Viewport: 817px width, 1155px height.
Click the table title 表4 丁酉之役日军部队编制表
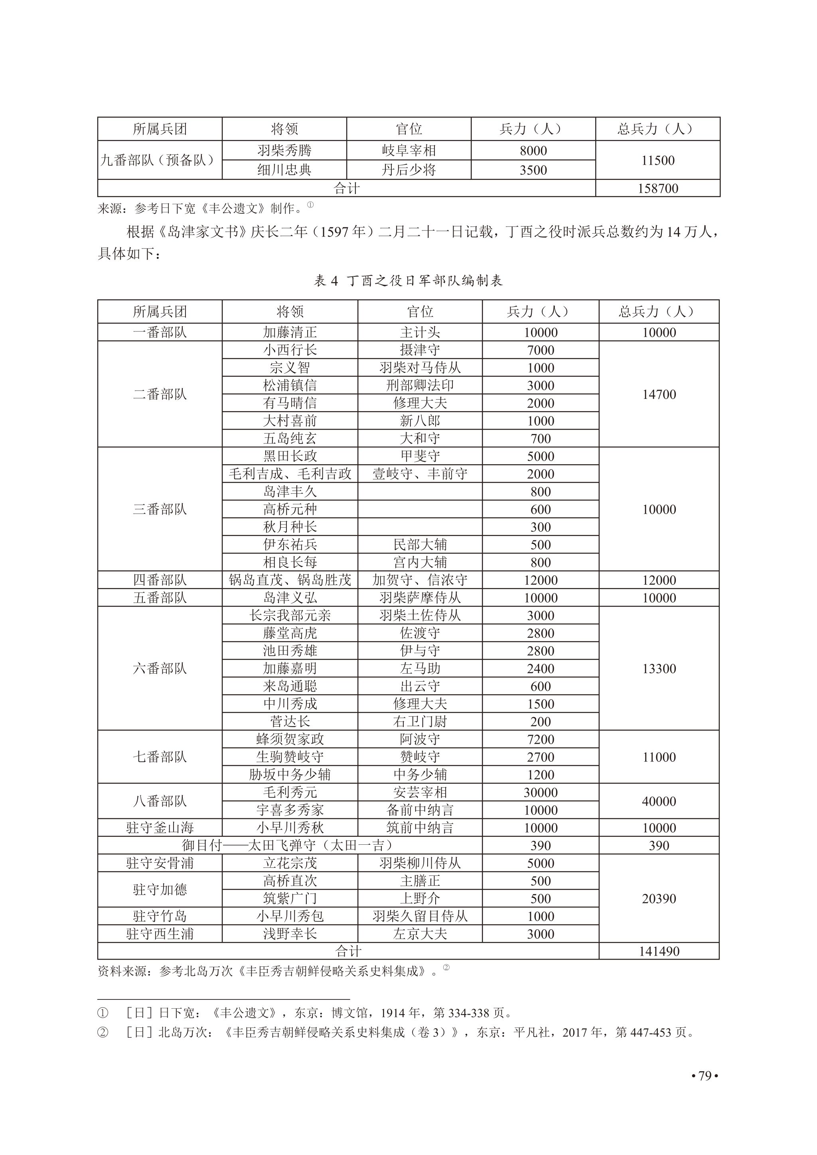(x=408, y=281)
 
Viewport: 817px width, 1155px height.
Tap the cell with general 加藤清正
(x=290, y=332)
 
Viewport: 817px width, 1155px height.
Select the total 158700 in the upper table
(x=657, y=189)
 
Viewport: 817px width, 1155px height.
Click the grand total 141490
(x=659, y=951)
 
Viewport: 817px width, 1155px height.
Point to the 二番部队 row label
(x=160, y=394)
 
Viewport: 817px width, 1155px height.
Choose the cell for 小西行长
(x=290, y=350)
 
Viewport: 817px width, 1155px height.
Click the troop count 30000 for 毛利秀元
(x=540, y=792)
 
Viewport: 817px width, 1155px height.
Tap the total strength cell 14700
(x=659, y=394)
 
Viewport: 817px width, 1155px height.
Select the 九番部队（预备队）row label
(x=160, y=160)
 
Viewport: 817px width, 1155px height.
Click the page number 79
(x=705, y=1076)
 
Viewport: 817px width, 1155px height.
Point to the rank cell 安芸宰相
(x=420, y=792)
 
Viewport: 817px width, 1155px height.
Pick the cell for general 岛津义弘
(x=290, y=597)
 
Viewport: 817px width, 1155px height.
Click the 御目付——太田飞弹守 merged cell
(x=289, y=846)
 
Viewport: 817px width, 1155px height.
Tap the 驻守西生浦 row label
(x=160, y=934)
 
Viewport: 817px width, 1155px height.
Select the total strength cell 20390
(x=659, y=899)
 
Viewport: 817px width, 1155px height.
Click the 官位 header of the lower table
(x=420, y=312)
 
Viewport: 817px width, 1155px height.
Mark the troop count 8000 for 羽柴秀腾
(x=533, y=150)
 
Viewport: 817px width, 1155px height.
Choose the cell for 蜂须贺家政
(x=290, y=739)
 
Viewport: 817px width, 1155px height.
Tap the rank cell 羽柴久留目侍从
(x=420, y=916)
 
